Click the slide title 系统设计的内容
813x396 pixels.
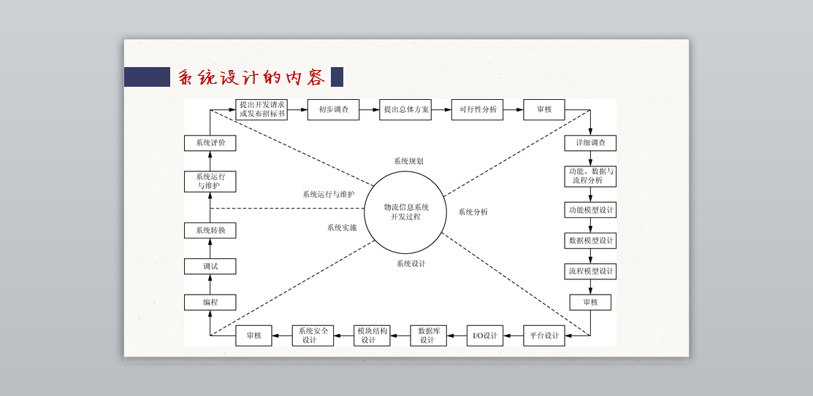251,77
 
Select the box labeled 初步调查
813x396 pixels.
333,109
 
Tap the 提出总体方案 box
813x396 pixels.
405,109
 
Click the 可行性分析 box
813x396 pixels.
477,109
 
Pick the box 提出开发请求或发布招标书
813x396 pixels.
262,109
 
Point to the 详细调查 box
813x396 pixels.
589,143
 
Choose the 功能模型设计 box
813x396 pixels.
590,210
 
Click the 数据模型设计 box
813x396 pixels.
590,241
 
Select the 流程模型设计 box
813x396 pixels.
590,271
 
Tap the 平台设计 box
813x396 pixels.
543,335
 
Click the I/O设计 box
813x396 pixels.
485,335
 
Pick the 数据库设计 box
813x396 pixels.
428,335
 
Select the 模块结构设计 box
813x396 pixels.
372,335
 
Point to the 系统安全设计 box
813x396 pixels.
313,335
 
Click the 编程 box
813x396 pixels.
210,302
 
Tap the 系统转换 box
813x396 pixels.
210,230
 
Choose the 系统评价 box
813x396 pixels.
210,143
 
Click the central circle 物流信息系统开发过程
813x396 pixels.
405,212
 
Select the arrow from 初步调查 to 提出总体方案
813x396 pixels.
369,109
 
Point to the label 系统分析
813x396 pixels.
473,212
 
